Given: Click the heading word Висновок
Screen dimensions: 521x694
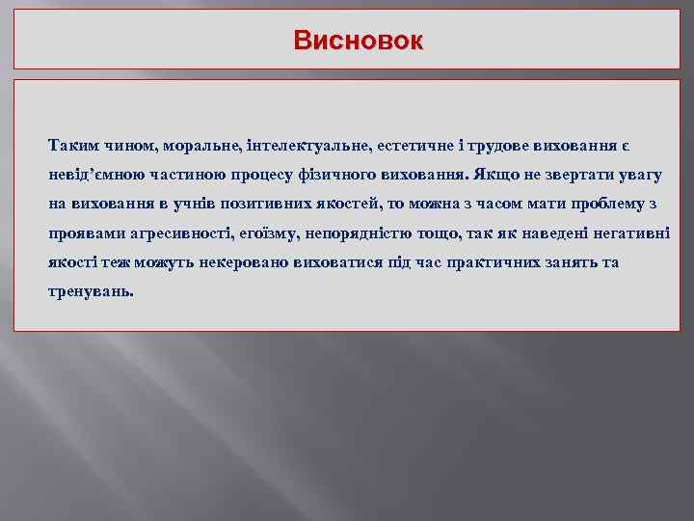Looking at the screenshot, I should point(358,41).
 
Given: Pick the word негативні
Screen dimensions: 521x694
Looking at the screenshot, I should point(630,233).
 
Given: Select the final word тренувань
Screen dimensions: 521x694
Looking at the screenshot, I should point(92,291).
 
